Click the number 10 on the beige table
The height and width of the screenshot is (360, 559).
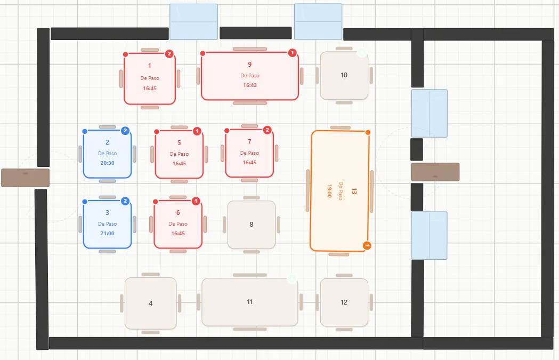point(344,75)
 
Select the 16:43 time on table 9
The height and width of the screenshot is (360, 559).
point(250,85)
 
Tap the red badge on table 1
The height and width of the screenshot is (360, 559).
point(169,54)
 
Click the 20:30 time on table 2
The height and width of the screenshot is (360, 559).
point(107,163)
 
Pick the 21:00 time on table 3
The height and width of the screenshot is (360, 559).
point(107,234)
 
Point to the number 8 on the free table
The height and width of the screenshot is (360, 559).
point(252,225)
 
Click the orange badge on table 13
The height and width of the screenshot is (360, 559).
point(367,245)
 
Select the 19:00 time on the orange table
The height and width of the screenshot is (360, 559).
point(329,191)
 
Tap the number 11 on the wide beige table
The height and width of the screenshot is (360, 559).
point(250,302)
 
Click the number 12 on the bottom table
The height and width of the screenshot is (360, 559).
point(344,302)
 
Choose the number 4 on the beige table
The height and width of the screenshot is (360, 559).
point(150,303)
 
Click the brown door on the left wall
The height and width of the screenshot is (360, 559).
point(25,178)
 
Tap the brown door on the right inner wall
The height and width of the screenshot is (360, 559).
point(435,172)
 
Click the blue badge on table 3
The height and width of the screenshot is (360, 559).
point(125,201)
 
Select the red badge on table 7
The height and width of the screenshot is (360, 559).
point(268,130)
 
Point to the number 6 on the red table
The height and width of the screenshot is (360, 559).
point(178,213)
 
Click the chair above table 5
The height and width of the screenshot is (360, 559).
point(179,127)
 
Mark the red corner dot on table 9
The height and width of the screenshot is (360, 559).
point(202,53)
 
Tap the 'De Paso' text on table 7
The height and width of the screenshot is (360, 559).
point(249,153)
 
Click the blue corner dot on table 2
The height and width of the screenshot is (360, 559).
point(85,131)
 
